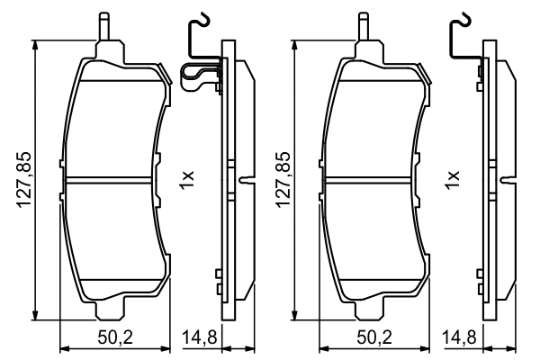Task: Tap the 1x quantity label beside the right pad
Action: (x=451, y=177)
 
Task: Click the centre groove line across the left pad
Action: (x=112, y=177)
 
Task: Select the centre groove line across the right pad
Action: (x=373, y=177)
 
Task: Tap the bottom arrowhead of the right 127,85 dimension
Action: (x=298, y=312)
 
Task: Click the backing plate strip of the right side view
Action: (x=490, y=180)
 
